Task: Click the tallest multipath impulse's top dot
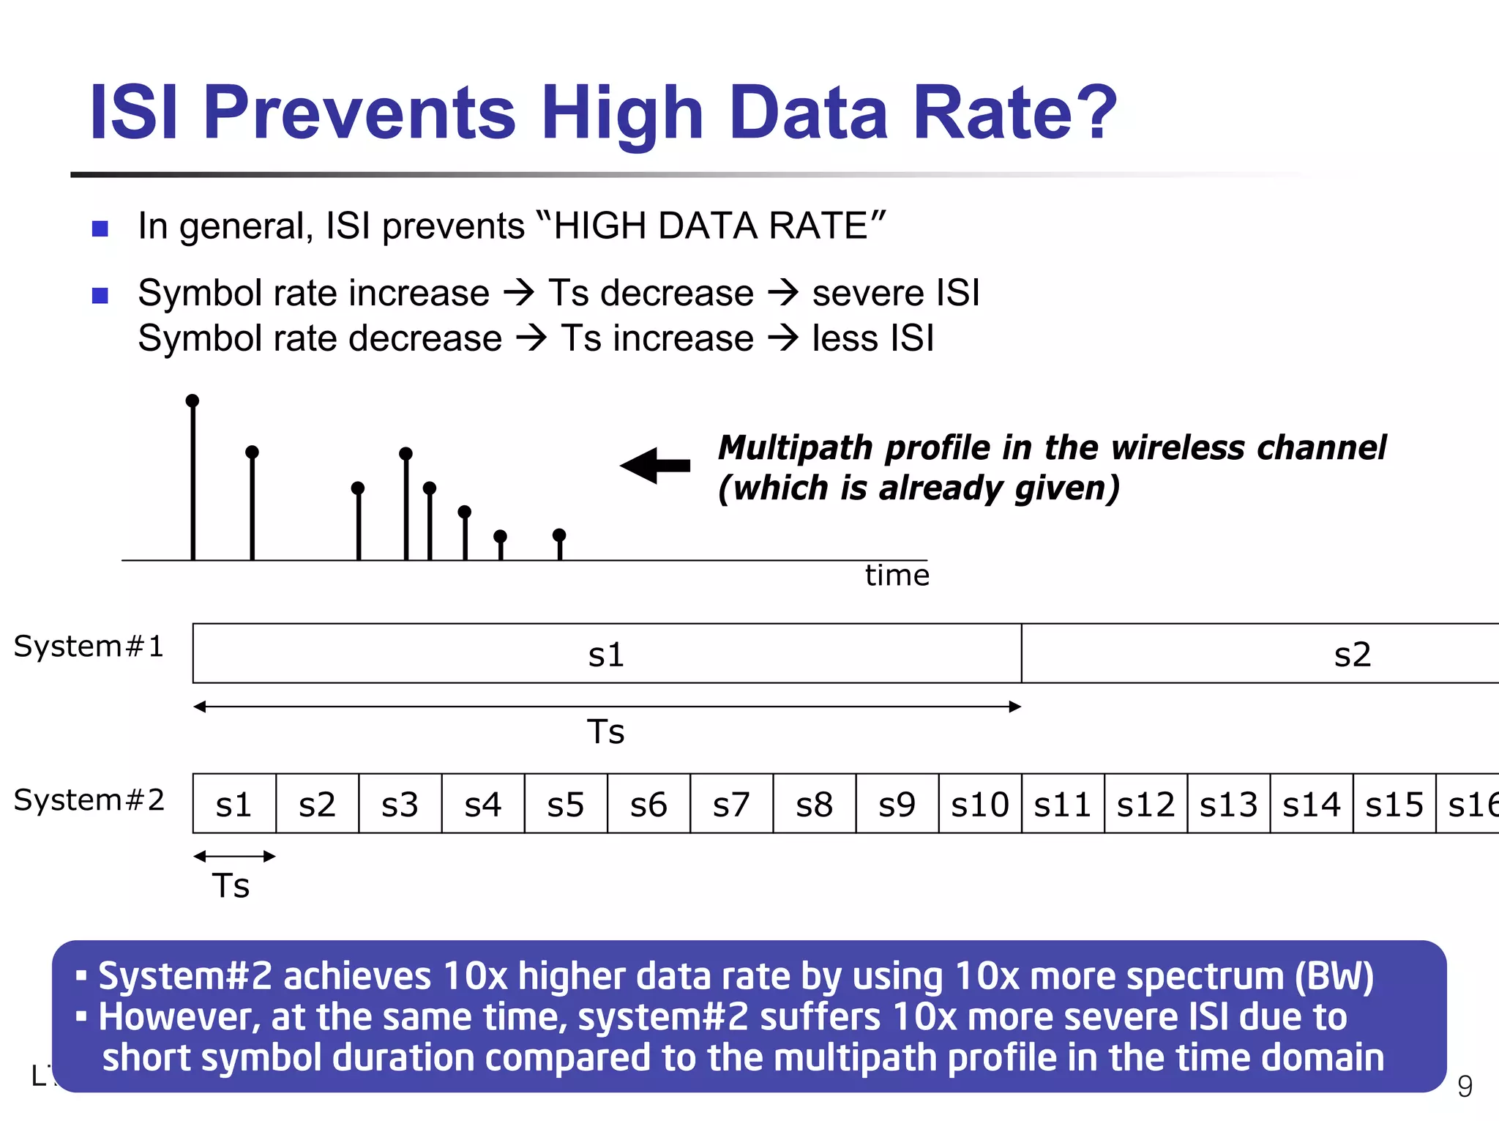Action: pyautogui.click(x=192, y=401)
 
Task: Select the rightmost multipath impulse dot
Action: pyautogui.click(x=559, y=535)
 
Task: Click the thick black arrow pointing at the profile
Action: pyautogui.click(x=656, y=466)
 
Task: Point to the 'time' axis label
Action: pyautogui.click(x=897, y=576)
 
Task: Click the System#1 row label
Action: pyautogui.click(x=89, y=647)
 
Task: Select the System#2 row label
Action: pyautogui.click(x=89, y=800)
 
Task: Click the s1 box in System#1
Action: pyautogui.click(x=607, y=654)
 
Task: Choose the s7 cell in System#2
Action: pyautogui.click(x=731, y=804)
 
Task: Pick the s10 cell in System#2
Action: pyautogui.click(x=979, y=804)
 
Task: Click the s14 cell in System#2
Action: pyautogui.click(x=1311, y=804)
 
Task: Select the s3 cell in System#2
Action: pyautogui.click(x=400, y=804)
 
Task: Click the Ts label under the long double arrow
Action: pyautogui.click(x=606, y=732)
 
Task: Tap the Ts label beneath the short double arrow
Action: pyautogui.click(x=231, y=886)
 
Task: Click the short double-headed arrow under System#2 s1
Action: pyautogui.click(x=234, y=856)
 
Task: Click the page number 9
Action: pyautogui.click(x=1465, y=1087)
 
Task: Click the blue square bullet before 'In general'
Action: pyautogui.click(x=100, y=228)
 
